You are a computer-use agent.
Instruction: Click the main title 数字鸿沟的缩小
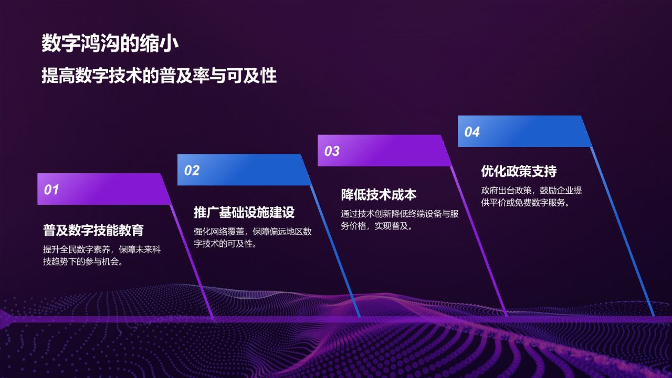(x=110, y=44)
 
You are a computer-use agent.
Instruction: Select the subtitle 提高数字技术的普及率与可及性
(x=159, y=76)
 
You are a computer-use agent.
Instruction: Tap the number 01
(x=51, y=190)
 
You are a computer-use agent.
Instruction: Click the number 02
(x=192, y=170)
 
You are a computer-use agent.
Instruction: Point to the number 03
(x=332, y=151)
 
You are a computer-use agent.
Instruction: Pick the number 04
(x=472, y=132)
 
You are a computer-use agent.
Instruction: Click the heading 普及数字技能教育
(x=93, y=230)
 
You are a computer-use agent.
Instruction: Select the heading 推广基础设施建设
(x=244, y=212)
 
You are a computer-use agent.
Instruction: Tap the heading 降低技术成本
(x=379, y=194)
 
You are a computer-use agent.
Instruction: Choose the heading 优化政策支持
(x=519, y=171)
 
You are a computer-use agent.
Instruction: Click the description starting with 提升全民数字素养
(x=101, y=256)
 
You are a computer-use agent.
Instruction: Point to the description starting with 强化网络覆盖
(x=253, y=237)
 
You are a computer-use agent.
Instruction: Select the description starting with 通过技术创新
(x=400, y=220)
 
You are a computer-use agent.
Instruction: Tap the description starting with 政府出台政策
(x=531, y=196)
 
